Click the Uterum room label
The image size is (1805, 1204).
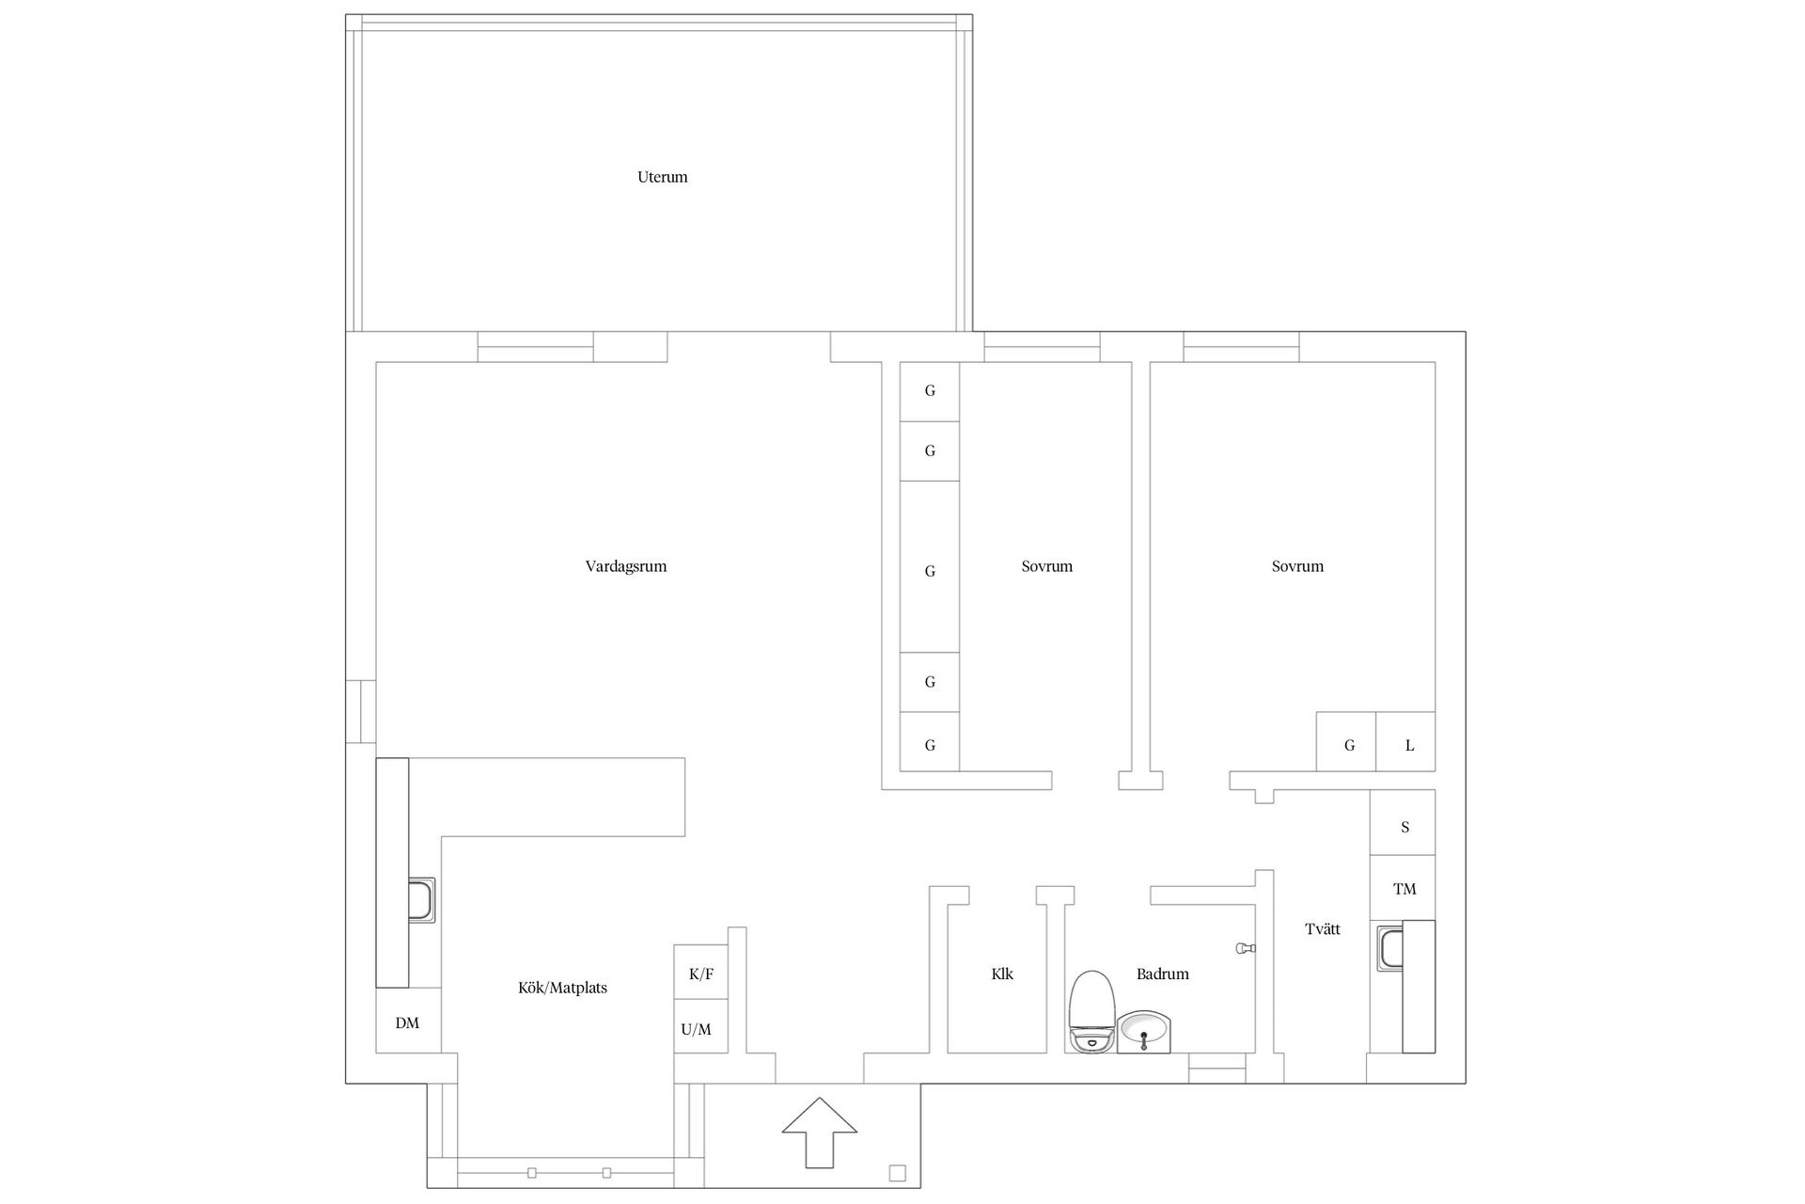662,177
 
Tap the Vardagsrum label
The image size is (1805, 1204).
626,566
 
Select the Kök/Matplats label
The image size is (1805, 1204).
562,988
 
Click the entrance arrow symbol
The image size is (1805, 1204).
820,1133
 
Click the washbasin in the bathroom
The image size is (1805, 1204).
1143,1032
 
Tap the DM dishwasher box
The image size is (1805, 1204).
408,1021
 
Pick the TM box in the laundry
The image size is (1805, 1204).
1403,888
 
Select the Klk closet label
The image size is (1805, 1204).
1002,974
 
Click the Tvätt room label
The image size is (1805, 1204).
1323,929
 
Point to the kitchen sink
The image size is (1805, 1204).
421,900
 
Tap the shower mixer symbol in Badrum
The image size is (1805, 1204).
1246,949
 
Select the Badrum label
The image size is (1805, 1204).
1163,974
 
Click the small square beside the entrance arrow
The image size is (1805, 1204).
897,1173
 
